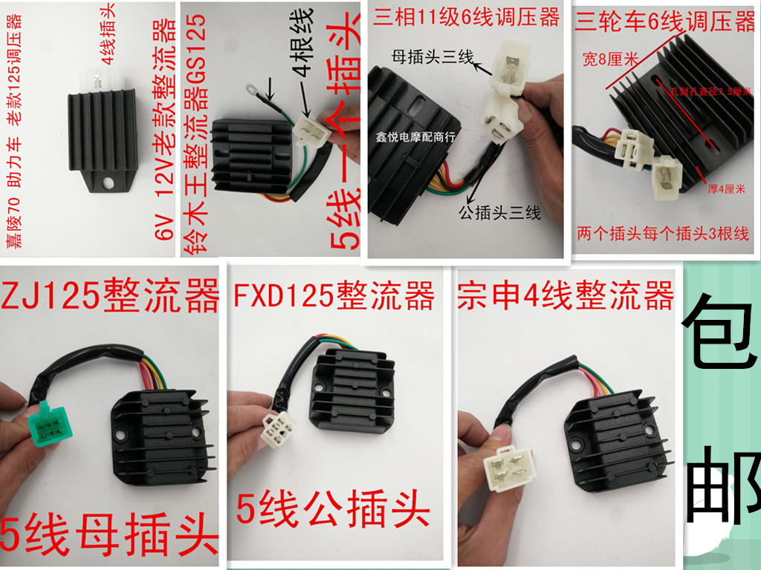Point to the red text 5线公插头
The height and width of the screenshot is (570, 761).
tap(334, 511)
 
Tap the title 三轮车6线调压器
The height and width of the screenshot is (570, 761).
tap(666, 22)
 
